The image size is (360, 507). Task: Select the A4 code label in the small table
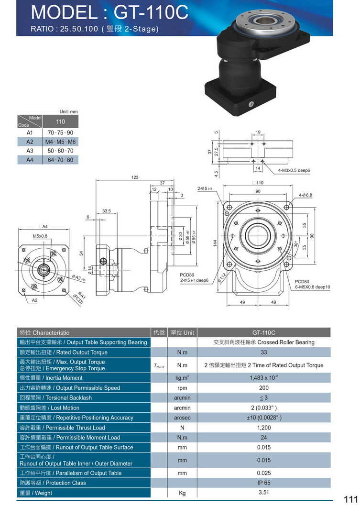(x=30, y=160)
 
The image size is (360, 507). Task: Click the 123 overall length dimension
(x=135, y=177)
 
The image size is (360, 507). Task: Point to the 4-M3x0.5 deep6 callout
(x=294, y=170)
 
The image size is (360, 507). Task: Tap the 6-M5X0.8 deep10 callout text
(x=312, y=287)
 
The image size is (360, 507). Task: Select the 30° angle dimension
(x=296, y=244)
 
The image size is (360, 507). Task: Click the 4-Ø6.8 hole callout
(x=305, y=195)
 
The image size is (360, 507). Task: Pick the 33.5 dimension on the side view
(x=107, y=210)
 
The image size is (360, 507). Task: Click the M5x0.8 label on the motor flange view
(x=40, y=236)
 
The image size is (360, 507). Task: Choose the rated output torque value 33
(x=263, y=353)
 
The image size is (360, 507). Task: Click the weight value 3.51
(x=263, y=492)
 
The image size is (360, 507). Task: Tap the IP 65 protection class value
(x=263, y=483)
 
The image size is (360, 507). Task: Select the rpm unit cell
(x=182, y=388)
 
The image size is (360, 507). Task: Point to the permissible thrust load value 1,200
(x=263, y=428)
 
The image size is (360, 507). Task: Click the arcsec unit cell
(x=182, y=418)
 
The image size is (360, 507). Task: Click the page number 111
(x=350, y=499)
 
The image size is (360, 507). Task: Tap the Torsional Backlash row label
(x=55, y=398)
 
